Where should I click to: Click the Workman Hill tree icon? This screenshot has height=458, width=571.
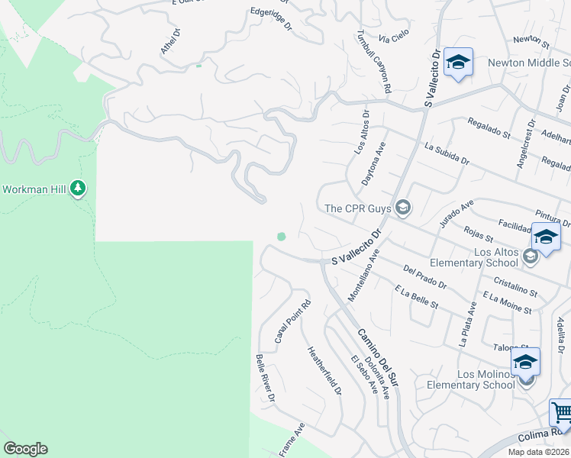pyautogui.click(x=77, y=189)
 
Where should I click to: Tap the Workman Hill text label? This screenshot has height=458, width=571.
pyautogui.click(x=35, y=189)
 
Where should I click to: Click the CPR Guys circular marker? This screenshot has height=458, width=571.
pyautogui.click(x=402, y=208)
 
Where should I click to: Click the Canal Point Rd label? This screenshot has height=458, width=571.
pyautogui.click(x=293, y=321)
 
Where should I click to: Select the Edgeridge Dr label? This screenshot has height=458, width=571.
pyautogui.click(x=272, y=19)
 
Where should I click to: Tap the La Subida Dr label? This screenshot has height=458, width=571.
pyautogui.click(x=447, y=155)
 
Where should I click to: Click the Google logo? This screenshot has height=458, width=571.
pyautogui.click(x=25, y=449)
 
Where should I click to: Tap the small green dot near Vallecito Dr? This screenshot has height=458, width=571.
pyautogui.click(x=281, y=237)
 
